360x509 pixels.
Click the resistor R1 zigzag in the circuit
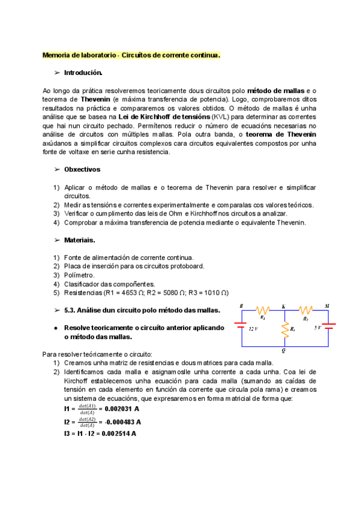[x=262, y=311]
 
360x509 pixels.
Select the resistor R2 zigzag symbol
[x=306, y=311]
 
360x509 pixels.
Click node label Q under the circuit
[x=283, y=351]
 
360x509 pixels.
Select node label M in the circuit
[x=327, y=306]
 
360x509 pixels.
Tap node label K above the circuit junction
[x=283, y=306]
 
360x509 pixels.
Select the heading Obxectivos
[x=83, y=170]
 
